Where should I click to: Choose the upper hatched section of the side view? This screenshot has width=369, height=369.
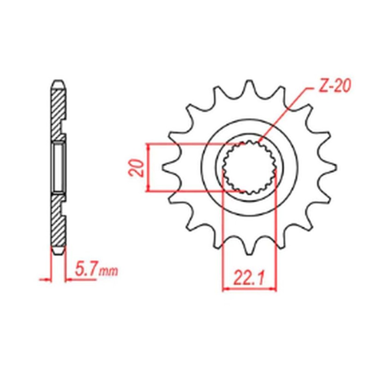click(x=58, y=111)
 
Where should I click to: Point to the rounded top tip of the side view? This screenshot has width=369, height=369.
click(x=58, y=83)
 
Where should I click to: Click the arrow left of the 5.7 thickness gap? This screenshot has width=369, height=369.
click(x=46, y=280)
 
